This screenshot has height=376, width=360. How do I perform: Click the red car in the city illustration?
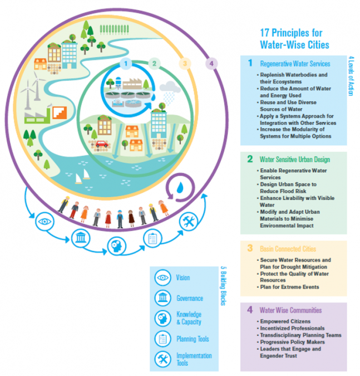coord(102,144)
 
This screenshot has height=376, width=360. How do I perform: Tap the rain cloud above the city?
coord(170,87)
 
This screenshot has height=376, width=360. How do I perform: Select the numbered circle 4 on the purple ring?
coord(211,64)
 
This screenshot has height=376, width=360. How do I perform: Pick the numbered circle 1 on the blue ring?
coord(126,64)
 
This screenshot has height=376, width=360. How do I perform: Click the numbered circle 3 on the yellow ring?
coord(185,64)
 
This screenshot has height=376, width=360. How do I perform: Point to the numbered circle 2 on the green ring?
coord(154,64)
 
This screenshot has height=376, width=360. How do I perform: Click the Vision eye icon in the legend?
coord(163,278)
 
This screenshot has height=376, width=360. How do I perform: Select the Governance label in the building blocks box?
coord(190,299)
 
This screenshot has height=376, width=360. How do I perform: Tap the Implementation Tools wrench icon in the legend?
coord(163,359)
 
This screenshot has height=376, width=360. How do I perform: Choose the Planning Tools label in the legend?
coord(193,339)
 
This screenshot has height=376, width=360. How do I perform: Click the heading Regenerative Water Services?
coord(295,64)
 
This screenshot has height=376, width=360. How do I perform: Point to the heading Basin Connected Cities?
coord(288,249)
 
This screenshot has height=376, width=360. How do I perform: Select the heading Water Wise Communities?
coord(291,310)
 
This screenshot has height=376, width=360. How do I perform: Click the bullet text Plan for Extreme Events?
coord(289,287)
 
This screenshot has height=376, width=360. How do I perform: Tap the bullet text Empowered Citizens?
coord(285,321)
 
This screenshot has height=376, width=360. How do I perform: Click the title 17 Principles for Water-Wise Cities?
coord(294,39)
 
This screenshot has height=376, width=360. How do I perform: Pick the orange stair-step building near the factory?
coord(60,113)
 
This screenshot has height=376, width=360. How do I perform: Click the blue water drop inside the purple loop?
coord(180,188)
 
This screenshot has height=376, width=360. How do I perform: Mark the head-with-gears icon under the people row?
coord(117,246)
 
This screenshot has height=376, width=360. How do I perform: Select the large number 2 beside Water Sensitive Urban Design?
coord(250,159)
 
